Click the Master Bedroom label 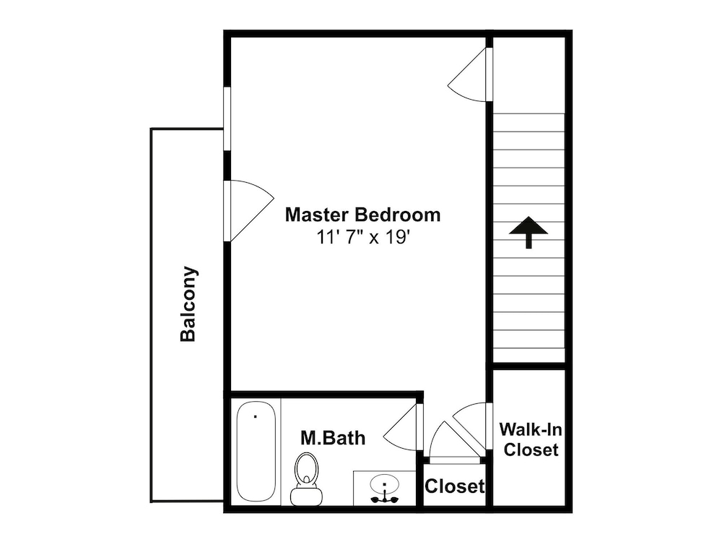tap(363, 215)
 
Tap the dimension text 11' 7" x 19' tap(363, 237)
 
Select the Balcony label tap(188, 304)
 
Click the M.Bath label tap(333, 437)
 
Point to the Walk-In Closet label tap(531, 439)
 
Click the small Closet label tap(454, 486)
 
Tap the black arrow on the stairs tap(529, 232)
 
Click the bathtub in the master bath tap(256, 451)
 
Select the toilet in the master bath tap(305, 478)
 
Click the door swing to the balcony tap(251, 210)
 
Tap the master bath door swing tap(400, 424)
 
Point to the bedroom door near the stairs tap(467, 74)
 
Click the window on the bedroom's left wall tap(227, 119)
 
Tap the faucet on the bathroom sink tap(385, 498)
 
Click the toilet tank tap(305, 496)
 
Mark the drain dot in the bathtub tap(255, 417)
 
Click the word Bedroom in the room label tap(398, 215)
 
